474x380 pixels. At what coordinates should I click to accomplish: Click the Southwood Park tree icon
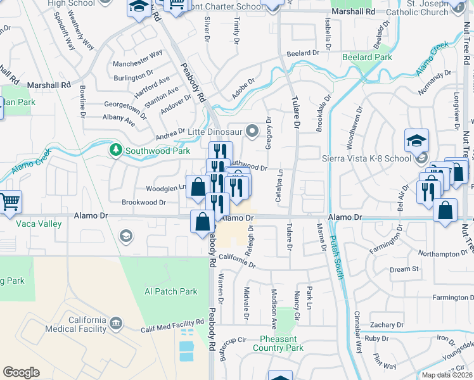[115, 150]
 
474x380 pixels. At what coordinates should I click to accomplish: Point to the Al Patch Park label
[171, 292]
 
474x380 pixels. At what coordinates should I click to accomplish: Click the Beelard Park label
[367, 57]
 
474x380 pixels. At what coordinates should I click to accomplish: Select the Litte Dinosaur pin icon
[253, 132]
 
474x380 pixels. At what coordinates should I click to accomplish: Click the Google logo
[21, 372]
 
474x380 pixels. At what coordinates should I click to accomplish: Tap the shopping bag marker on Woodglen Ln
[198, 187]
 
